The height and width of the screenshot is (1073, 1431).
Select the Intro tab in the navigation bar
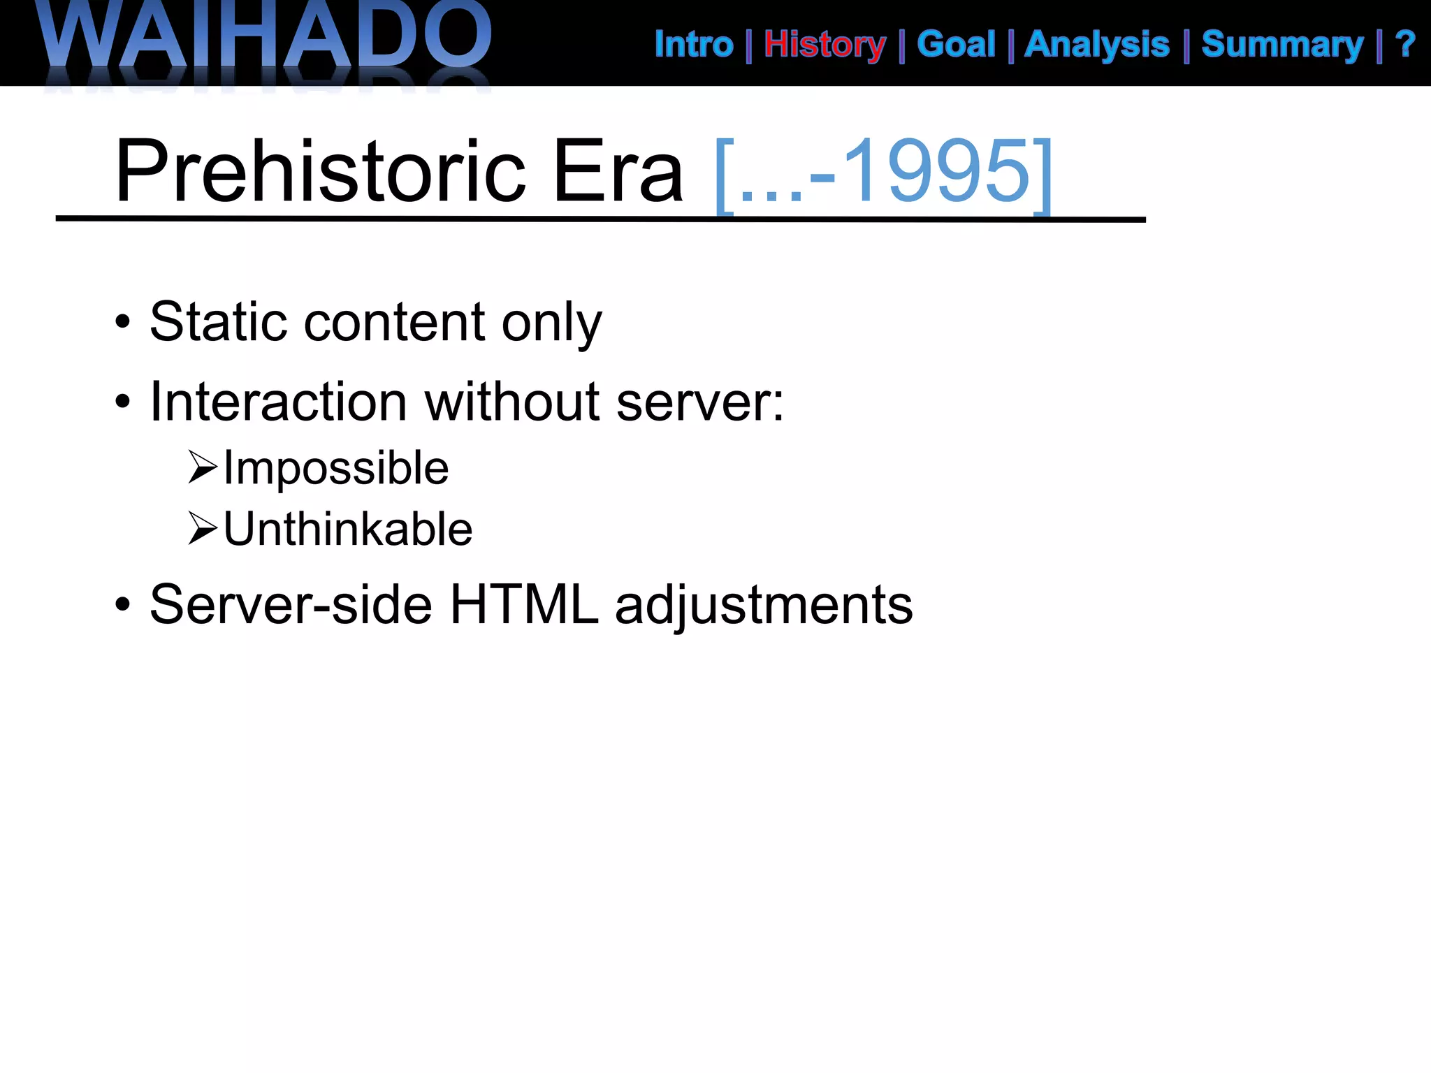(693, 45)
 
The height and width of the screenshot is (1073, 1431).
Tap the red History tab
(825, 45)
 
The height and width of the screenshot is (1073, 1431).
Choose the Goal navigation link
(956, 45)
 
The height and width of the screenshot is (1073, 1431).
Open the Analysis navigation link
(1096, 45)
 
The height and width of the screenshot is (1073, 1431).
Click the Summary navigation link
(1282, 45)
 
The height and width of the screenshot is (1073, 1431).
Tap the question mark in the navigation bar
(1405, 45)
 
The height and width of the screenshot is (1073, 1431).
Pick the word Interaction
(278, 402)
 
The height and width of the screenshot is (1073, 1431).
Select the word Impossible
(336, 468)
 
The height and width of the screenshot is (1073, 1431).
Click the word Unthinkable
(348, 529)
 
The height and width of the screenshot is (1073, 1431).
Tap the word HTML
(524, 605)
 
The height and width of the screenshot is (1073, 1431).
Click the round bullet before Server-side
(123, 606)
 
